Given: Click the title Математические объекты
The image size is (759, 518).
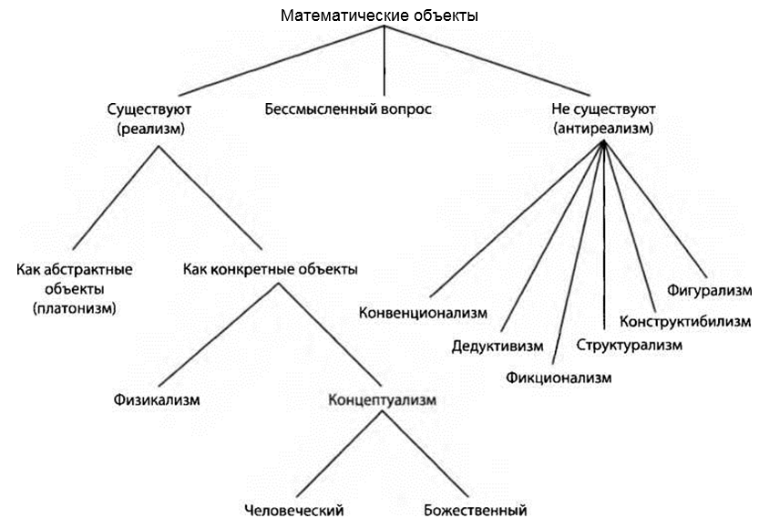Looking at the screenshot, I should pos(380,16).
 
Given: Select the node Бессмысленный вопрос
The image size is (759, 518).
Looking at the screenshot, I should pos(348,109).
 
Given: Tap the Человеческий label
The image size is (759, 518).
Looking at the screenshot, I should pos(293,510).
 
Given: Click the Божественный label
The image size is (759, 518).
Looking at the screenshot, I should pos(475,510).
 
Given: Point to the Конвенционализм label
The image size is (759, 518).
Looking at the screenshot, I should pos(423,312).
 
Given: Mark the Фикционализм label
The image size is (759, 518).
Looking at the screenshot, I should pos(558,377).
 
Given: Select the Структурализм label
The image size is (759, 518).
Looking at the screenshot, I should pos(629,345).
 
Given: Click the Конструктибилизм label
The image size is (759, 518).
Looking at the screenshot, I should pos(685,321).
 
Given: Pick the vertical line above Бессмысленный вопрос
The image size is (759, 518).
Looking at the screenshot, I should pos(384,59).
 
